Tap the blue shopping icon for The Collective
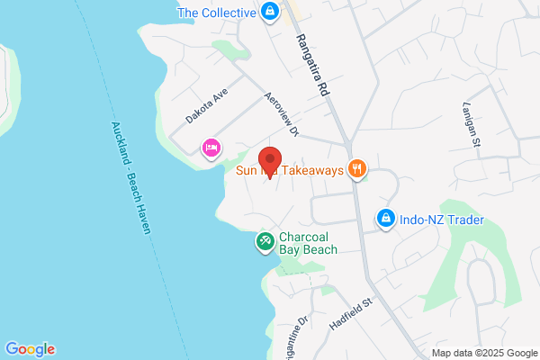point(268,12)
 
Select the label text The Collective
point(216,12)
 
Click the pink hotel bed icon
point(211,148)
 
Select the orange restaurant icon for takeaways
point(358,168)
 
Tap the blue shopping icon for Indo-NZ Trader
point(385,219)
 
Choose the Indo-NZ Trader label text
point(443,220)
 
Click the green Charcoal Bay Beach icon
point(265,241)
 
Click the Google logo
point(30,349)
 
